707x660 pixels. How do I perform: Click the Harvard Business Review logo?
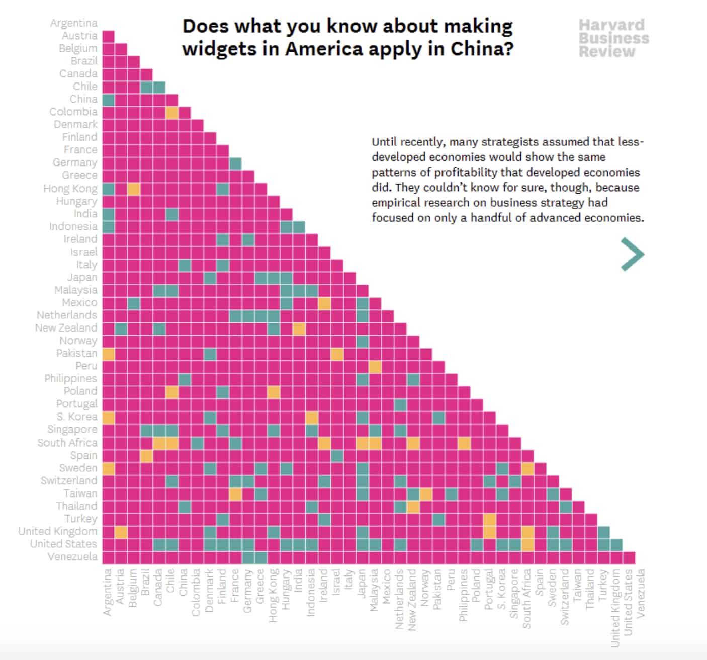click(613, 38)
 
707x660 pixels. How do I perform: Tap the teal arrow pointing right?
click(633, 254)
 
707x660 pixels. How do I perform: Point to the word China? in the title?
click(482, 49)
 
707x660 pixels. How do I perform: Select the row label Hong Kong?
click(70, 189)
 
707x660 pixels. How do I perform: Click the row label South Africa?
click(67, 443)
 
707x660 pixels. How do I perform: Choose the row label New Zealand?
click(66, 328)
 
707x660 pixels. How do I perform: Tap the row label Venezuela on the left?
click(72, 557)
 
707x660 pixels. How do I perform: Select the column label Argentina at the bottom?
click(108, 592)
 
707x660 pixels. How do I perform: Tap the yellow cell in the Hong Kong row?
click(134, 189)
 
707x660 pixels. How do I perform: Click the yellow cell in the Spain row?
click(146, 456)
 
